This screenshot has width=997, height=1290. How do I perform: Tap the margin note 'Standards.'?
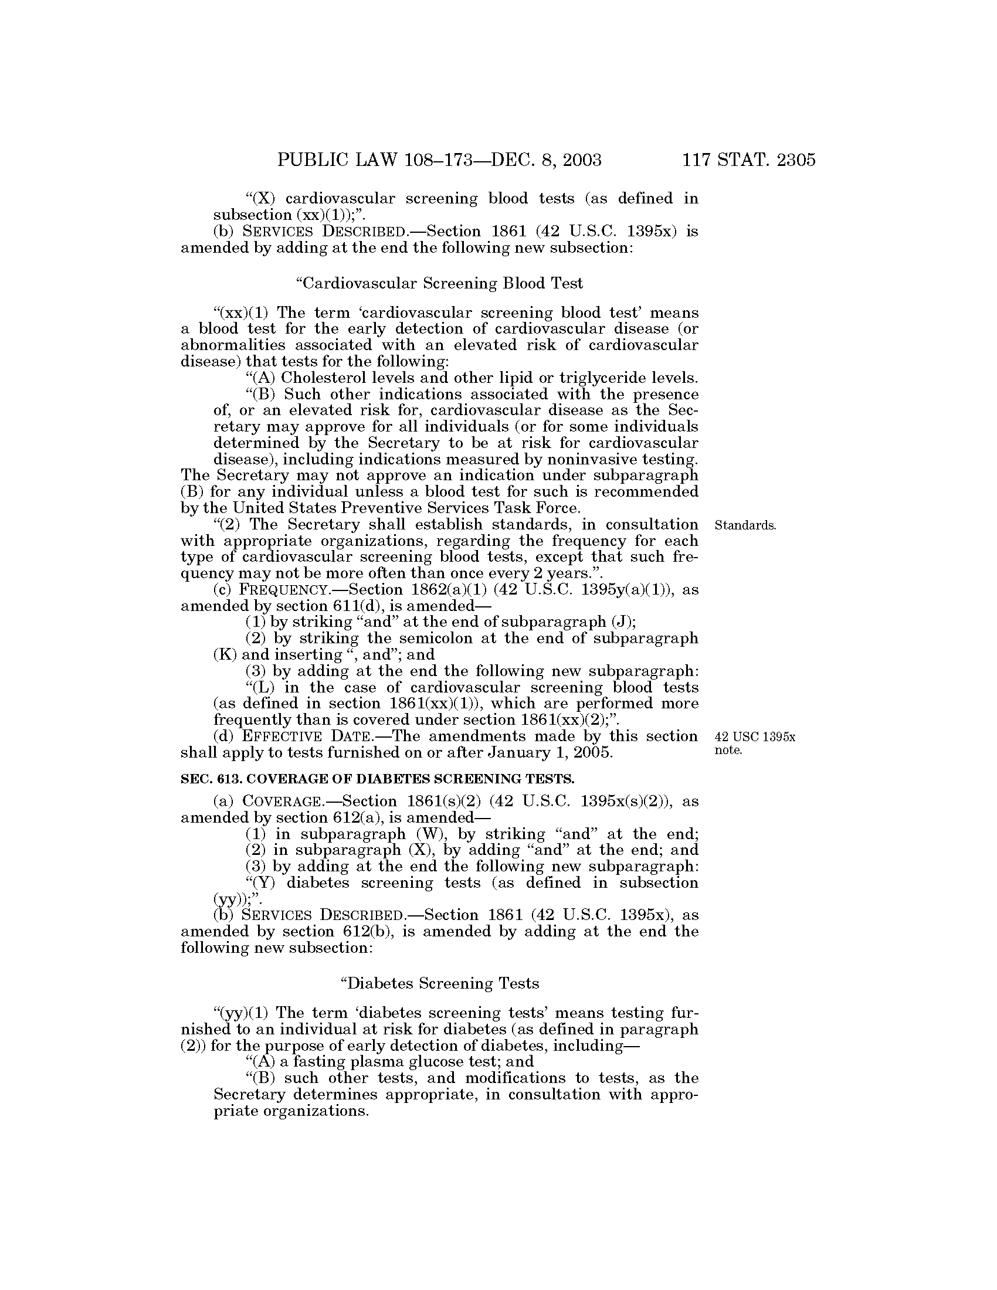(x=745, y=525)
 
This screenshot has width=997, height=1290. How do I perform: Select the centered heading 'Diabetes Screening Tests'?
(x=440, y=983)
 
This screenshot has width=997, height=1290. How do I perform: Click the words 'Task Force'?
(x=538, y=508)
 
